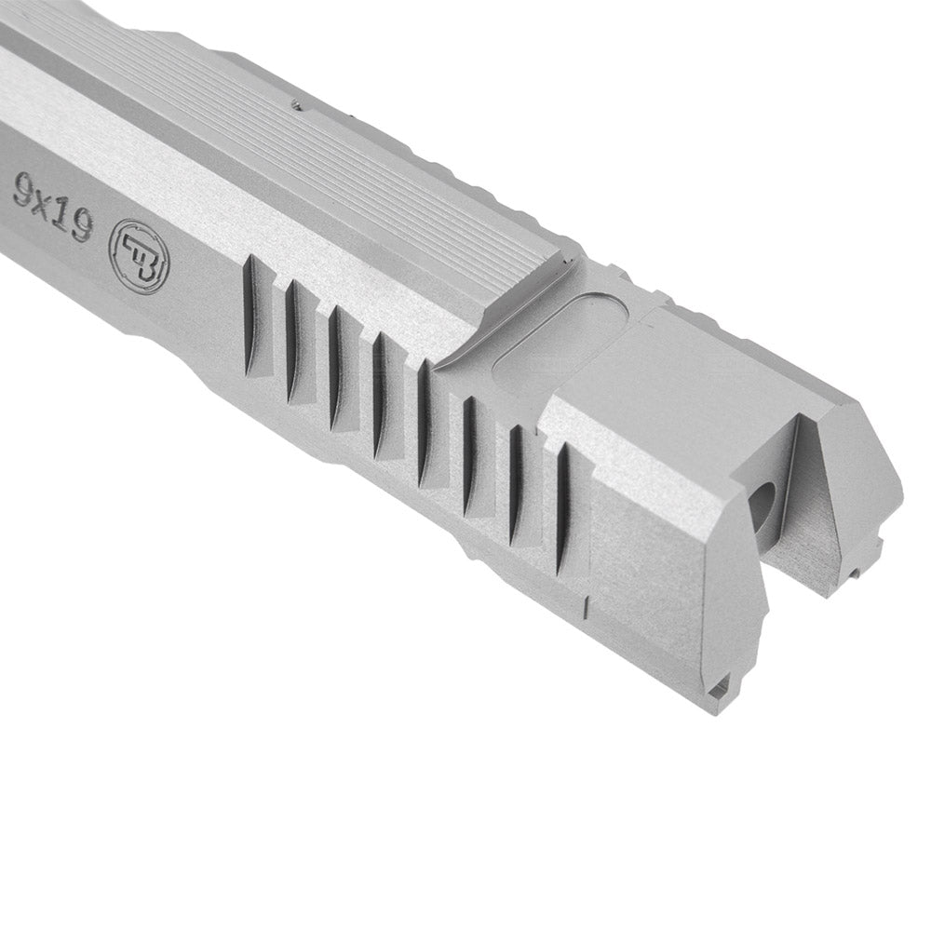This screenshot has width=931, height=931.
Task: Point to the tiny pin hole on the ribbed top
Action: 295,105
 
